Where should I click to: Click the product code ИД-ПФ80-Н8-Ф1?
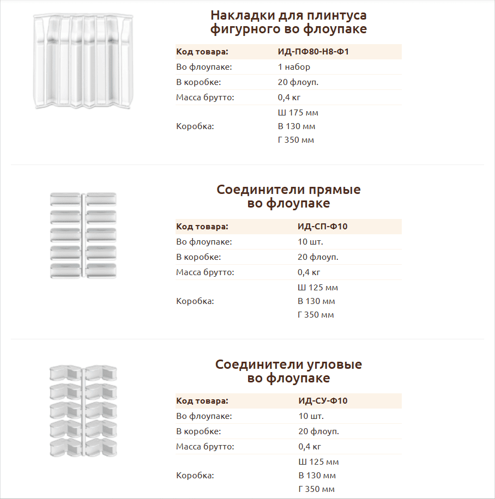pyautogui.click(x=313, y=52)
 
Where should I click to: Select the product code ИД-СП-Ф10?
pyautogui.click(x=322, y=227)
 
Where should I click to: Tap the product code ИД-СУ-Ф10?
pyautogui.click(x=323, y=401)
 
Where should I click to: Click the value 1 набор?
pyautogui.click(x=294, y=67)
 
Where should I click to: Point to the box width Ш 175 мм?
pyautogui.click(x=298, y=113)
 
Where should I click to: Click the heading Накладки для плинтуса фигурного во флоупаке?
pyautogui.click(x=288, y=22)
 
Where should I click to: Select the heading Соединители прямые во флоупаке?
pyautogui.click(x=288, y=197)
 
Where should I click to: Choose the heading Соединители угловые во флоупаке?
pyautogui.click(x=288, y=371)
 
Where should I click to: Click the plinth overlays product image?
pyautogui.click(x=83, y=61)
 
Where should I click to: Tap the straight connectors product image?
pyautogui.click(x=83, y=235)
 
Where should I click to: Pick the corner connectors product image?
pyautogui.click(x=83, y=410)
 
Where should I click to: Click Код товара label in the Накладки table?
pyautogui.click(x=202, y=52)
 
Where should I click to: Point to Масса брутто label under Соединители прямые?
pyautogui.click(x=205, y=272)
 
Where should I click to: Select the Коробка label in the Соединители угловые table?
pyautogui.click(x=195, y=475)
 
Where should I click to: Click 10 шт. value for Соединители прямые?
pyautogui.click(x=311, y=242)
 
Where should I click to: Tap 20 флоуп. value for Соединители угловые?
pyautogui.click(x=318, y=431)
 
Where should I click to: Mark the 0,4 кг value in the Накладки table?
pyautogui.click(x=289, y=98)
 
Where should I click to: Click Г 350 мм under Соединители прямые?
pyautogui.click(x=316, y=315)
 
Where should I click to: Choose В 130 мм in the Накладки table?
pyautogui.click(x=297, y=126)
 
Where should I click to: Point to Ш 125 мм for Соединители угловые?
pyautogui.click(x=318, y=462)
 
